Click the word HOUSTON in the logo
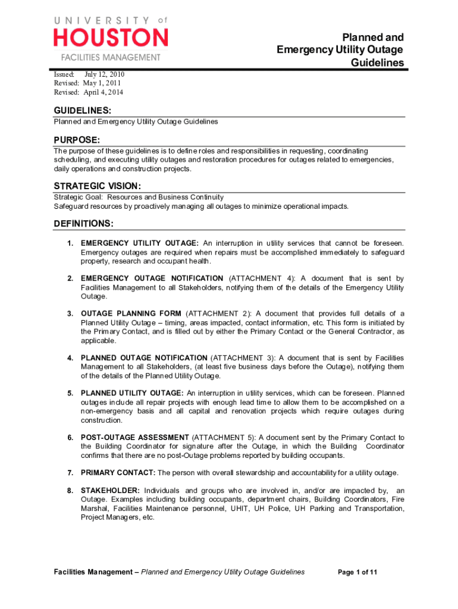111,38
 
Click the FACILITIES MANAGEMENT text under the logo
111,58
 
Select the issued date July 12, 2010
104,74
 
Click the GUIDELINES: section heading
83,111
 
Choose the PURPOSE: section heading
77,140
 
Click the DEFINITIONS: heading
84,224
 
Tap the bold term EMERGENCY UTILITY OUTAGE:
140,243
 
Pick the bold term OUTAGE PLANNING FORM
131,313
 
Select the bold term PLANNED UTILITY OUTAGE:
132,393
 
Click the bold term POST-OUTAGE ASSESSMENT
135,437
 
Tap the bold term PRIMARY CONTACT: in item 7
118,473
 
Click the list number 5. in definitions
70,393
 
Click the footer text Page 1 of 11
357,572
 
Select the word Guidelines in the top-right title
377,62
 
